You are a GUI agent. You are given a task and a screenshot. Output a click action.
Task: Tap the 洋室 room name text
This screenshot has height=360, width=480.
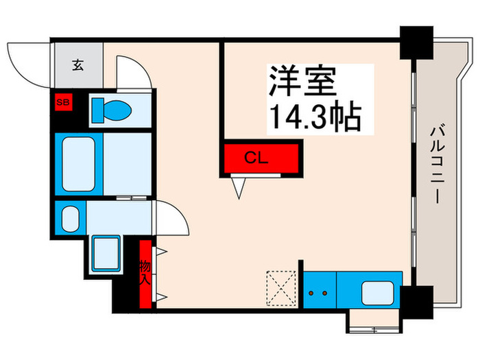302,82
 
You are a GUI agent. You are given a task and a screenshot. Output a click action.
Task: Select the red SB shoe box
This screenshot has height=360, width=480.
63,104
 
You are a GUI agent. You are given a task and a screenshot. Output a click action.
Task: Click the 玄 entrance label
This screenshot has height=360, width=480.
78,66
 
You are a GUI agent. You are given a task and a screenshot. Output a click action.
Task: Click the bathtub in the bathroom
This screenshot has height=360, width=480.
80,164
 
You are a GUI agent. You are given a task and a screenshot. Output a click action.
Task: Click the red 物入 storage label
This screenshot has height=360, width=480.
145,273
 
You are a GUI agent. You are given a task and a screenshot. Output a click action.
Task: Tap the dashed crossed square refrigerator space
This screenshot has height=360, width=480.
280,288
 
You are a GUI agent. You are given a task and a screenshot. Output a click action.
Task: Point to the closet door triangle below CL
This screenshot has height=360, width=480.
239,186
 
